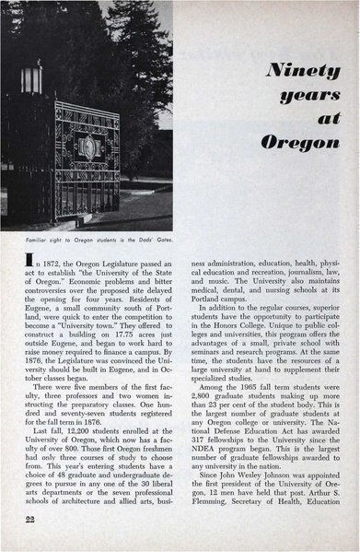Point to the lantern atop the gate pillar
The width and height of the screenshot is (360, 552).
click(x=32, y=77)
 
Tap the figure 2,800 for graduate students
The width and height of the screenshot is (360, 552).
click(x=208, y=423)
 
